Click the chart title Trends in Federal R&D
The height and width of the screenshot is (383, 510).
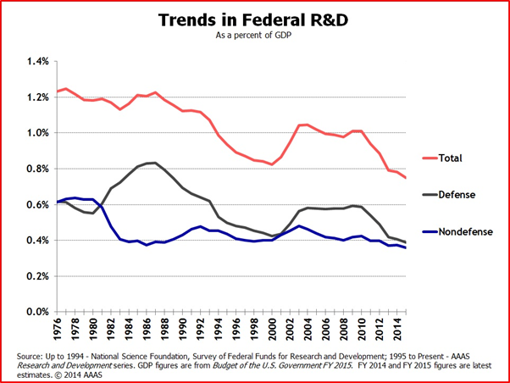255,19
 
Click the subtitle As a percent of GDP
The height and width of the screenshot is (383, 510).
255,38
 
